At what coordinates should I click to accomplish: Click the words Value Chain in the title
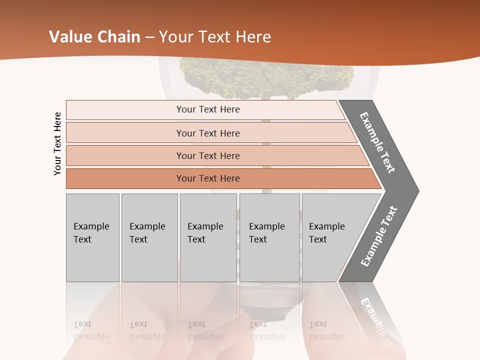pos(94,37)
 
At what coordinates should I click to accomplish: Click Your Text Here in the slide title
pos(215,37)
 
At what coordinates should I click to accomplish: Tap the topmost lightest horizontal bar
pos(207,109)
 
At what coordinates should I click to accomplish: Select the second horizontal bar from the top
pos(207,133)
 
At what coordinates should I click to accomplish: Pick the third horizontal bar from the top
pos(207,155)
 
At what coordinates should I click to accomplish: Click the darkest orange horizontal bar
pos(207,178)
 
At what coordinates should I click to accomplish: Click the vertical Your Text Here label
pos(57,143)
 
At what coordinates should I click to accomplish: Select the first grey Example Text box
pos(92,237)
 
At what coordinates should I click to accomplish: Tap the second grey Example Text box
pos(149,237)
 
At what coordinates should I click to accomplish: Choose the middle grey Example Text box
pos(208,237)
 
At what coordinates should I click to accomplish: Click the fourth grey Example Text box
pos(269,237)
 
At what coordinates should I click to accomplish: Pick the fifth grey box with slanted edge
pos(330,237)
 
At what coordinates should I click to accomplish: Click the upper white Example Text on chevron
pos(377,142)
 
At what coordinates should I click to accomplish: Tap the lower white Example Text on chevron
pos(379,236)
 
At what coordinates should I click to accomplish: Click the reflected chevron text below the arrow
pos(372,315)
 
